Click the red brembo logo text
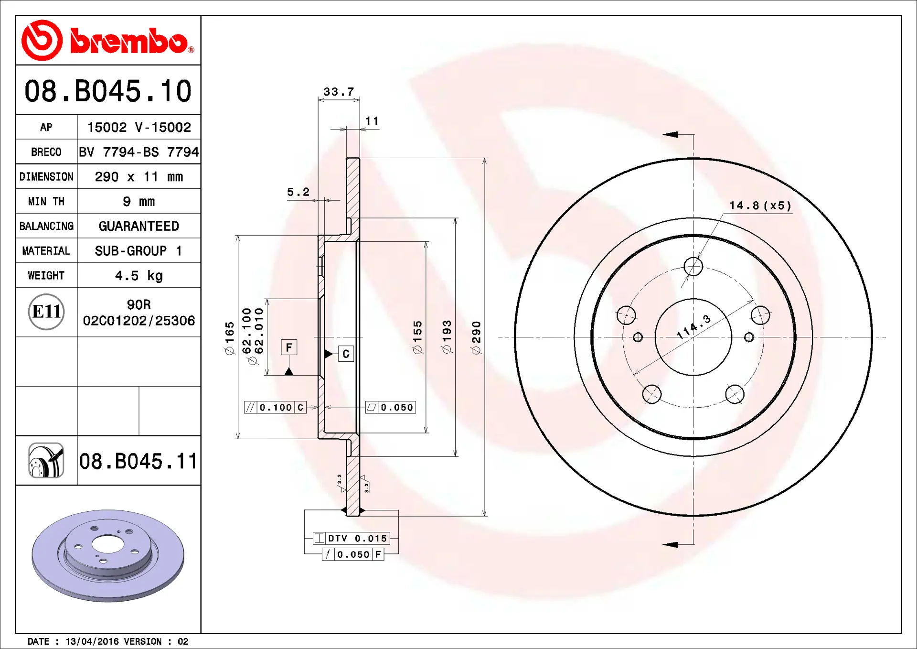tap(129, 41)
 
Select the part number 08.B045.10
tap(108, 91)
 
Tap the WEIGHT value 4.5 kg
tap(139, 276)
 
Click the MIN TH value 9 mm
tap(139, 202)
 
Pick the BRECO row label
tap(46, 152)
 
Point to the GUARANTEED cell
tap(139, 226)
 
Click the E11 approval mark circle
tap(46, 312)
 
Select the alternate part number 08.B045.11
tap(138, 461)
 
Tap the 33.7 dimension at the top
tap(339, 91)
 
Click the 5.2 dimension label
tap(298, 192)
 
